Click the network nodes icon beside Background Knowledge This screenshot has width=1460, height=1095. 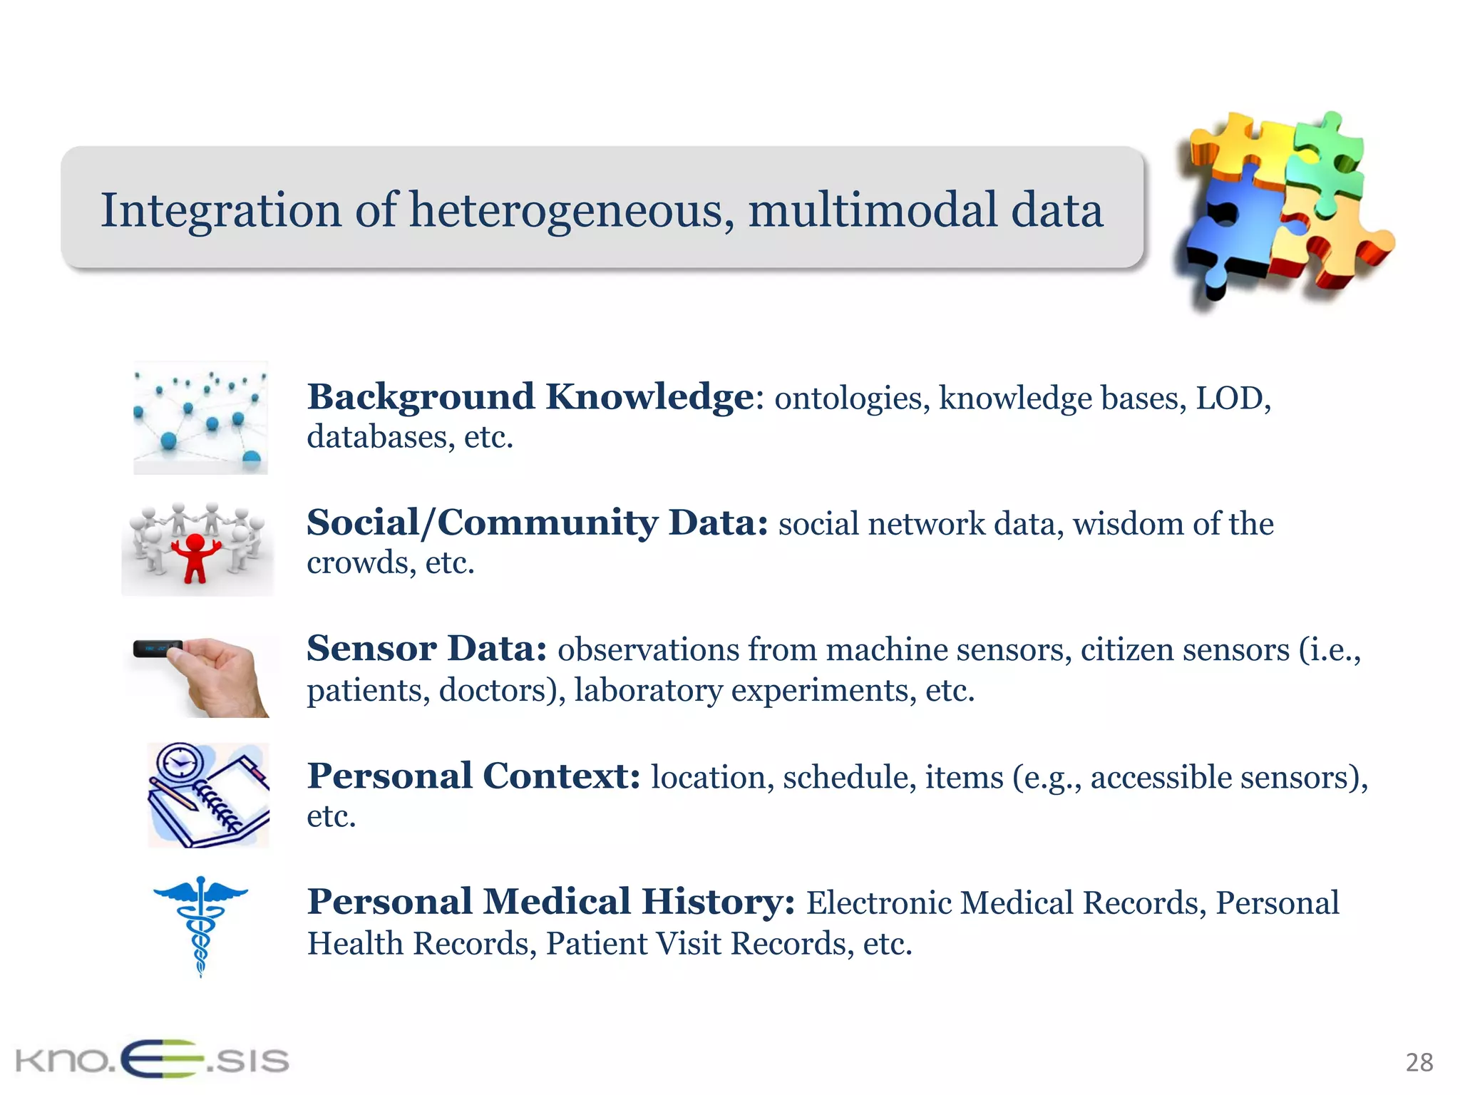pos(200,418)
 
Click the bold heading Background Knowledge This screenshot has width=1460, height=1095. pos(530,396)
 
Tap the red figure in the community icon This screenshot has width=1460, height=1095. pos(193,557)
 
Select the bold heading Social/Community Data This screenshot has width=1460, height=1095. pos(537,523)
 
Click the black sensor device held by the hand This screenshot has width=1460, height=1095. pos(158,648)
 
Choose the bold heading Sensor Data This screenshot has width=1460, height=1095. pos(426,649)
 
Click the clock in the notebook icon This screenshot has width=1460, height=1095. pos(180,764)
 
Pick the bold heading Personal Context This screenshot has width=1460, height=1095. pos(473,776)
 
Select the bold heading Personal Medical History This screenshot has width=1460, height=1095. pos(550,902)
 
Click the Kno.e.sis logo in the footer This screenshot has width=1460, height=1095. pos(152,1059)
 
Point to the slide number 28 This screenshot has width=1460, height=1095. pos(1419,1062)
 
